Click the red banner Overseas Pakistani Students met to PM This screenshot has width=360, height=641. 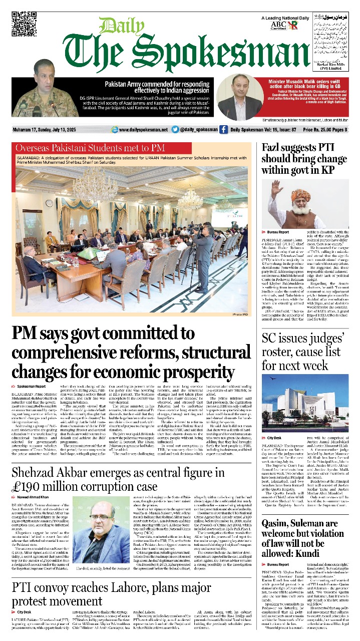coord(83,148)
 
